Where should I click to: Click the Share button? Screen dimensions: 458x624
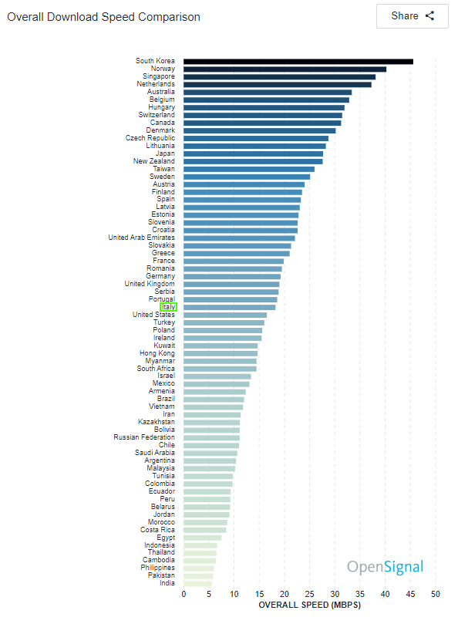pos(413,16)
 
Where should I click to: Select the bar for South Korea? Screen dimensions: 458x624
pos(298,61)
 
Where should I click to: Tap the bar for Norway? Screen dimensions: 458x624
pos(285,69)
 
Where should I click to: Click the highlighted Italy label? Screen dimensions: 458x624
pos(168,307)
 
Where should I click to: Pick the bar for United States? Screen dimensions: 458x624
pos(225,315)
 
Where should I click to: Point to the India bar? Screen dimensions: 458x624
pos(197,584)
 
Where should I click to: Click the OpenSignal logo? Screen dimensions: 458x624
pos(386,567)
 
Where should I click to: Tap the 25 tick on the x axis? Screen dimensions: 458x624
pos(310,594)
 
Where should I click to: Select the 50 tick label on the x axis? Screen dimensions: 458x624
pos(436,594)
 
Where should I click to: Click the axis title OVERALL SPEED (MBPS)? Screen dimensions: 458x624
pos(310,605)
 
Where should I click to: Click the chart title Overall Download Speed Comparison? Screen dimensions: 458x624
pos(103,17)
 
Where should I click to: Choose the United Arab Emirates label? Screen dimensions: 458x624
pos(141,238)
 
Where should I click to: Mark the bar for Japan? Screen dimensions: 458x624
pos(253,153)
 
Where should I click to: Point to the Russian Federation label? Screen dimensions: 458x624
pos(144,437)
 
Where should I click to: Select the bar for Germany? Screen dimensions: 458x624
pos(232,277)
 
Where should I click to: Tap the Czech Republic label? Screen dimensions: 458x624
pos(150,138)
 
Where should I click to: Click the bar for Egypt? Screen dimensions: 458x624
pos(203,538)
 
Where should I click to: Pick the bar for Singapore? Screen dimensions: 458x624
pos(279,77)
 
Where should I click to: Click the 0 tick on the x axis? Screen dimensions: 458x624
pos(184,594)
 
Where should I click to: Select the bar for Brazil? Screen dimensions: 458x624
pos(214,400)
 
